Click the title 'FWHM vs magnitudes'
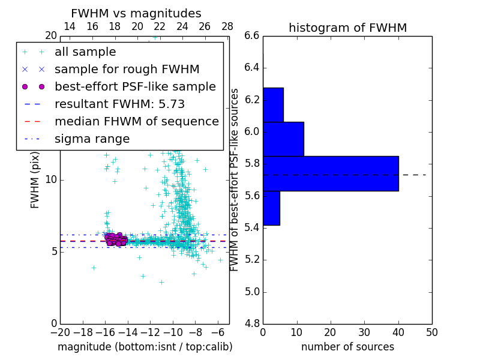coord(136,14)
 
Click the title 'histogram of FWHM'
coord(347,28)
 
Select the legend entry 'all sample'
coord(85,52)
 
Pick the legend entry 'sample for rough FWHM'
coord(127,70)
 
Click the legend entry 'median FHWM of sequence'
coord(136,122)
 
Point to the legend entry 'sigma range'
coord(92,139)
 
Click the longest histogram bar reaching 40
coord(331,173)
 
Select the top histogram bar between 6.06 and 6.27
coord(273,105)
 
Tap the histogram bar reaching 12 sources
coord(283,139)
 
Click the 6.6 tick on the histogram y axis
coord(252,36)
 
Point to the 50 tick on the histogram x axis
coord(431,331)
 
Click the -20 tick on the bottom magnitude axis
coord(60,331)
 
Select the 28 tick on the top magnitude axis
coord(227,26)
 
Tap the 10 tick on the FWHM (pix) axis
coord(51,180)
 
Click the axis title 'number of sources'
coord(347,347)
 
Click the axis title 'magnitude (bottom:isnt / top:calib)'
coord(145,347)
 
